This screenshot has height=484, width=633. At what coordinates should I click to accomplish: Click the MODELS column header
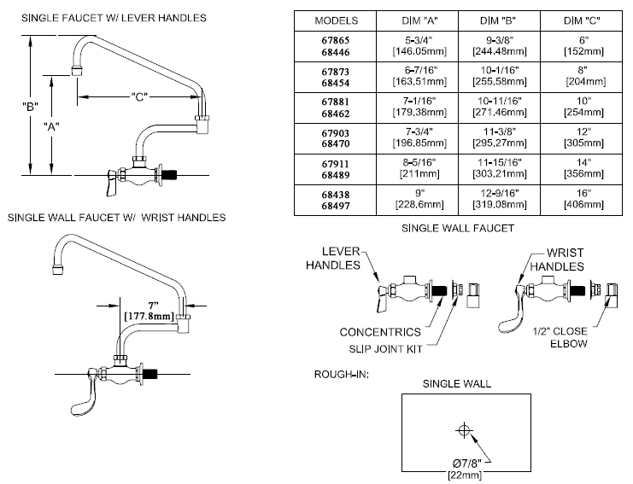(336, 20)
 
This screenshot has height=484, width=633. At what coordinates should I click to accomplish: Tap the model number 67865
(336, 39)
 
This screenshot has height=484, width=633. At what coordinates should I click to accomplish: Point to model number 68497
(336, 205)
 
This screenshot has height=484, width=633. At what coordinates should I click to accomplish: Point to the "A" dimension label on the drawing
(52, 126)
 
